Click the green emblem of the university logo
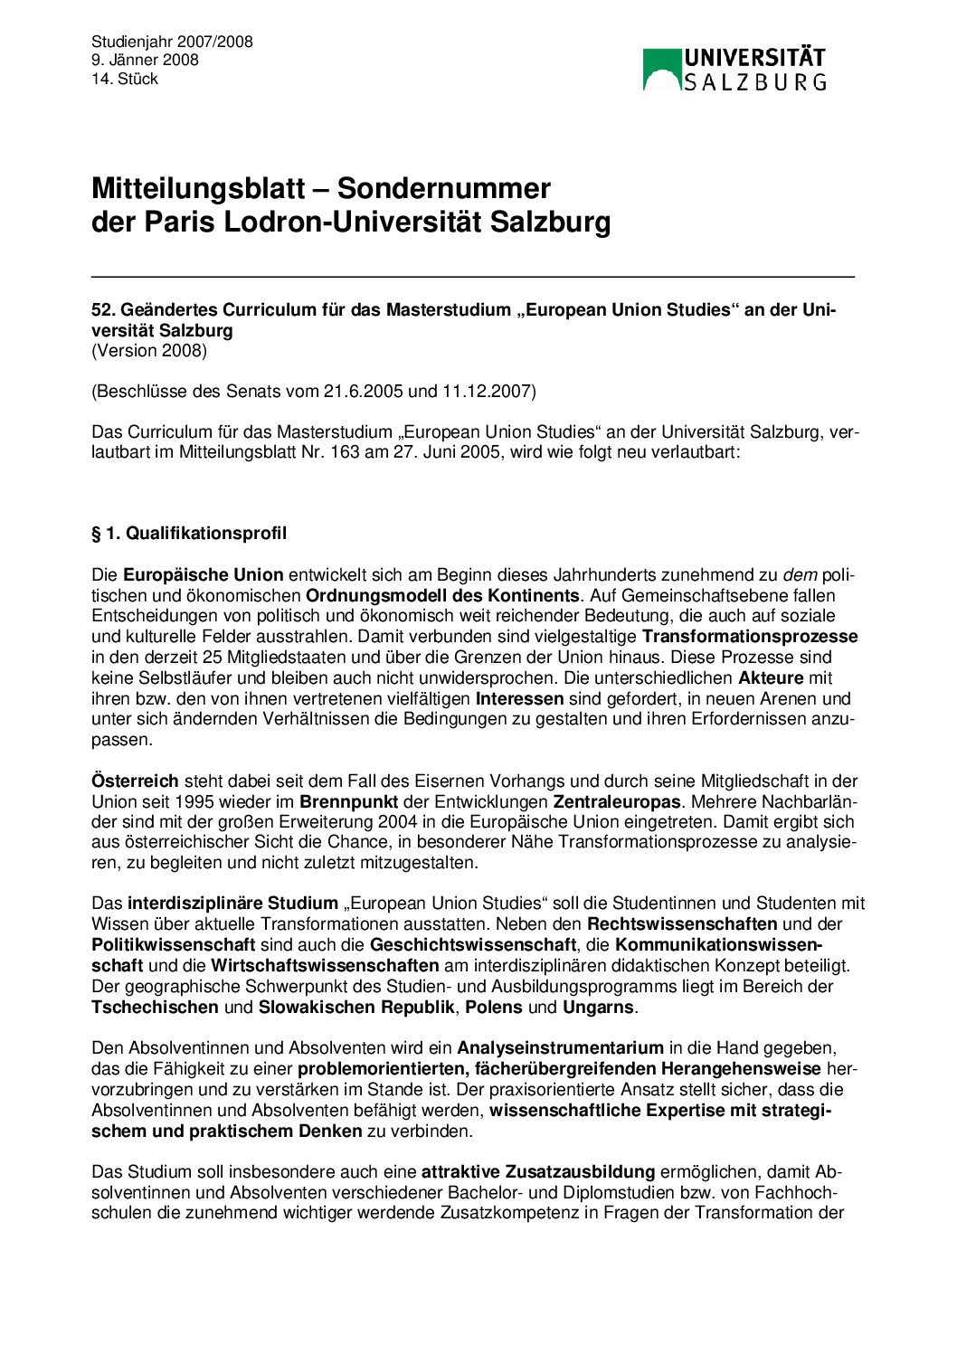662,70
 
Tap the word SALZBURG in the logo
755,82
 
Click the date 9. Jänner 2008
145,60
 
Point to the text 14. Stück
125,79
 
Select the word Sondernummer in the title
443,188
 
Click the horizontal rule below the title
473,276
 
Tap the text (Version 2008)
149,351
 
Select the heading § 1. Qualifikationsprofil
189,534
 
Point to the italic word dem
800,575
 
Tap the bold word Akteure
771,678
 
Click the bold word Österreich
135,781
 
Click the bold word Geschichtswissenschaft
473,945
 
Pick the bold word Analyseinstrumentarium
561,1048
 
